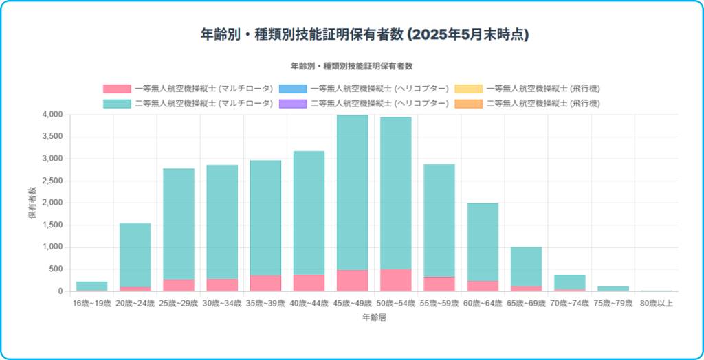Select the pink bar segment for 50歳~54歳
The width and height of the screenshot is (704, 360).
tap(395, 280)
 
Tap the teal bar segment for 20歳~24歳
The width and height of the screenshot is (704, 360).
tap(135, 254)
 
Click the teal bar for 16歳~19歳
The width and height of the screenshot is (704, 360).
tap(91, 286)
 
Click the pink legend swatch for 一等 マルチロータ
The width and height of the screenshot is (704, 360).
tap(117, 89)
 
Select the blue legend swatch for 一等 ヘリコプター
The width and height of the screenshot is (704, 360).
tap(293, 89)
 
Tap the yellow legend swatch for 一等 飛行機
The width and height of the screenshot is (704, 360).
tap(468, 89)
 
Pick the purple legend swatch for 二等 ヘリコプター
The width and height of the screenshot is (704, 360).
tap(293, 104)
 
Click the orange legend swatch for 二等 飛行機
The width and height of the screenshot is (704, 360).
tap(468, 104)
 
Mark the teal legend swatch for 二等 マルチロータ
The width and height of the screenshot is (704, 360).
tap(117, 104)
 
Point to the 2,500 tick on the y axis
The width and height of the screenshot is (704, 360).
tap(53, 181)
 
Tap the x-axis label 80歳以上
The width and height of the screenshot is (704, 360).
tap(656, 303)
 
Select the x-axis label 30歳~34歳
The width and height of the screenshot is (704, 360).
tap(221, 303)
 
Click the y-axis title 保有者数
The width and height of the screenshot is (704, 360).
tap(32, 203)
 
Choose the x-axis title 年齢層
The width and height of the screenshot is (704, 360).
tap(374, 317)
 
